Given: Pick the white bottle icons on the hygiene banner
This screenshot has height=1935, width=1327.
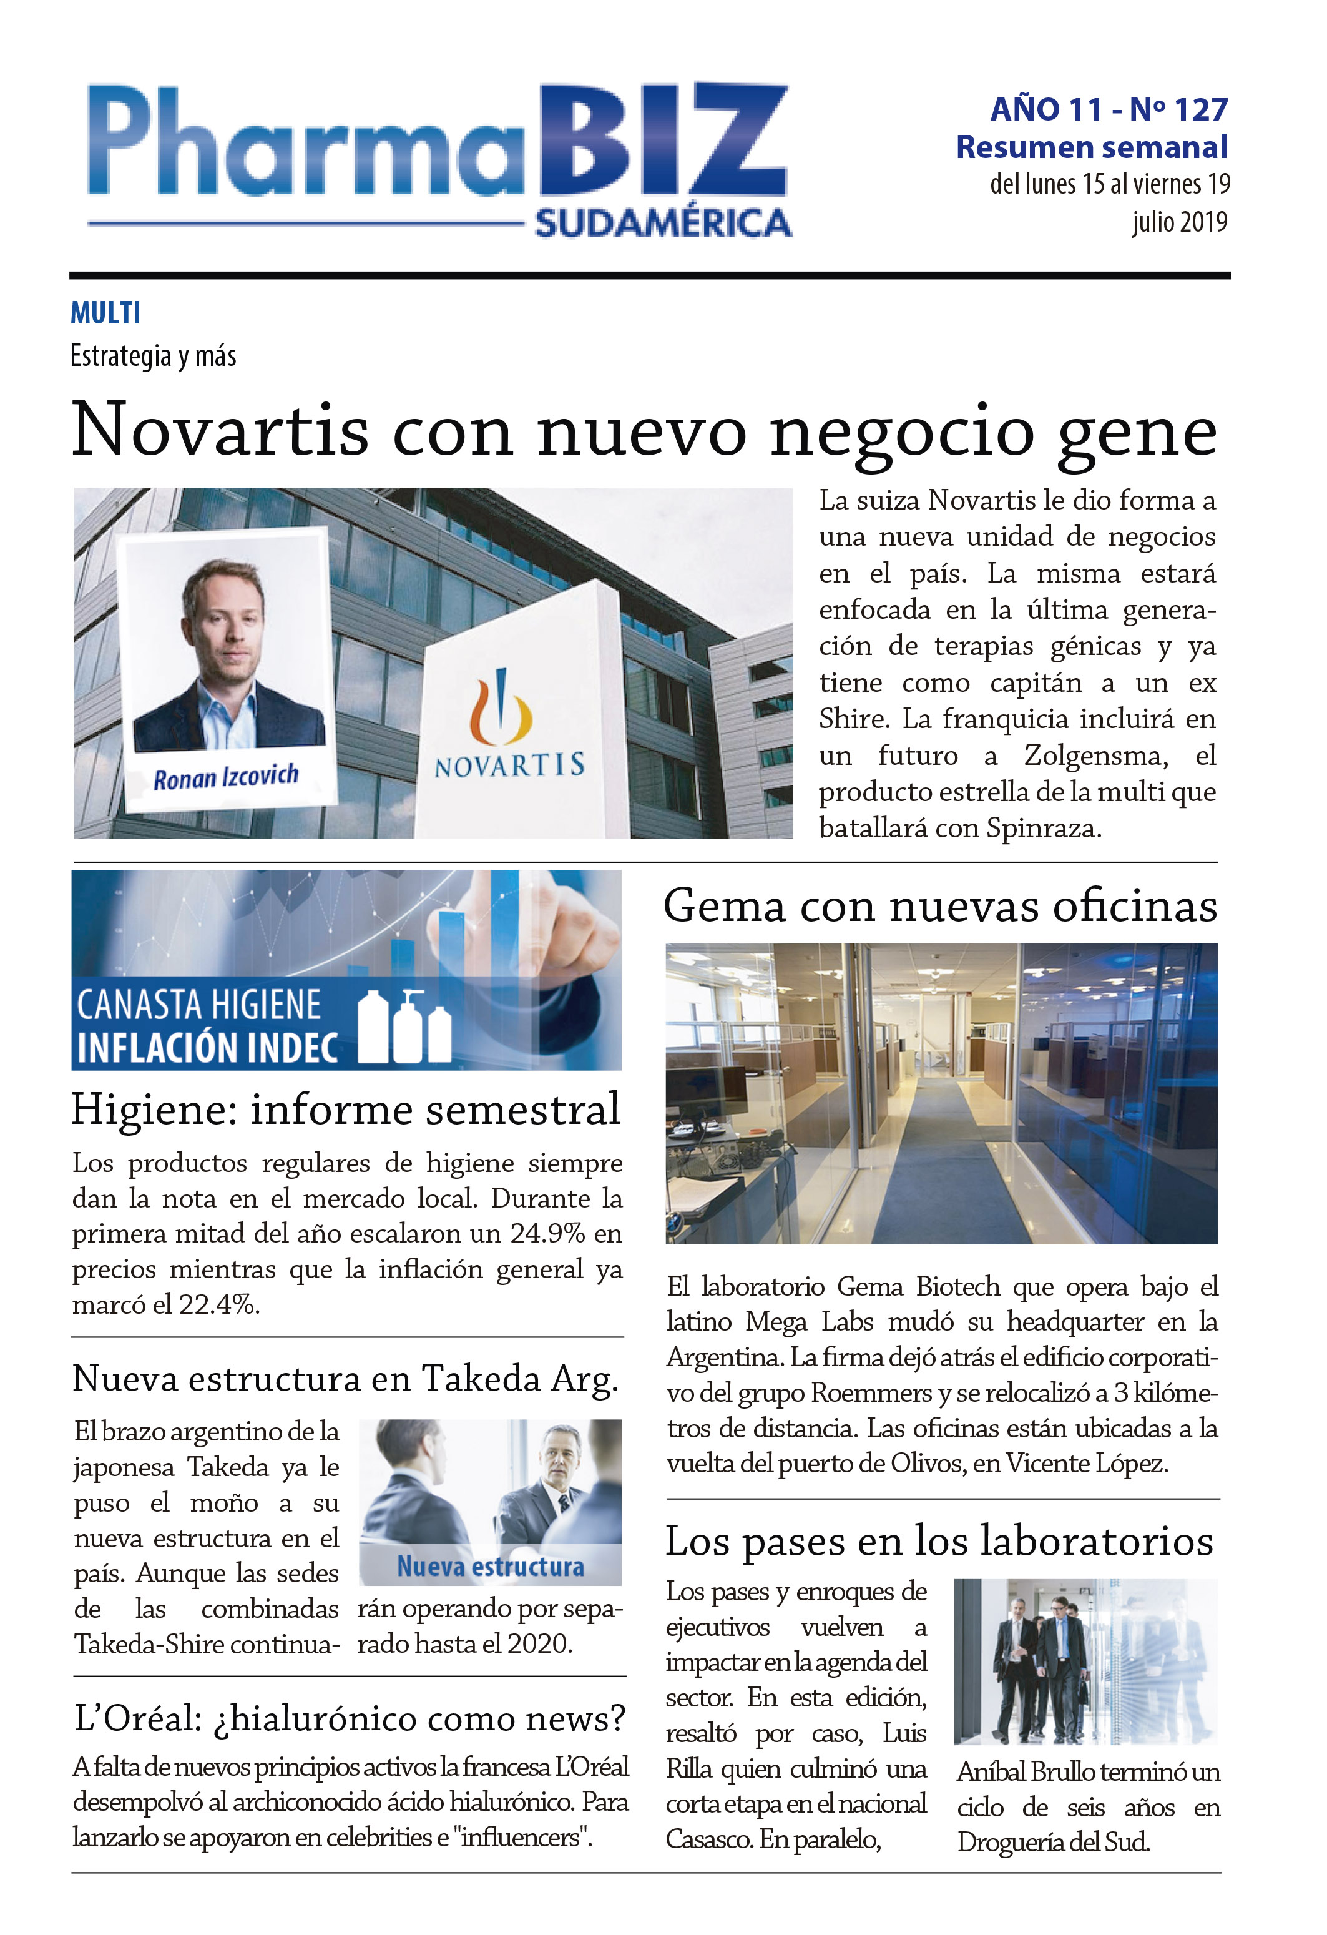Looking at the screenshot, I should tap(404, 1028).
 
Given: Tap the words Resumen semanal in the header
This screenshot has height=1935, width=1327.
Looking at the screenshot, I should tap(1092, 147).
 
